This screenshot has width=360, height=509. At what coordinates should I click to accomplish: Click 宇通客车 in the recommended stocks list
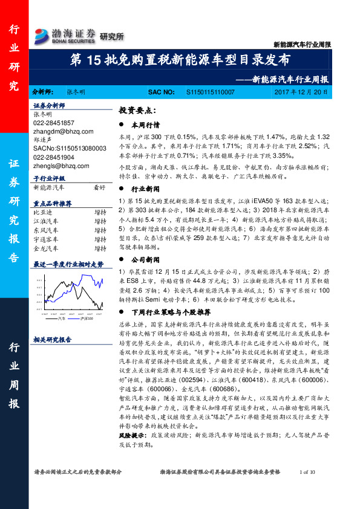pos(47,239)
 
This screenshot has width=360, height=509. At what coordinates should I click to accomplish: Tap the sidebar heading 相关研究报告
pos(52,340)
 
